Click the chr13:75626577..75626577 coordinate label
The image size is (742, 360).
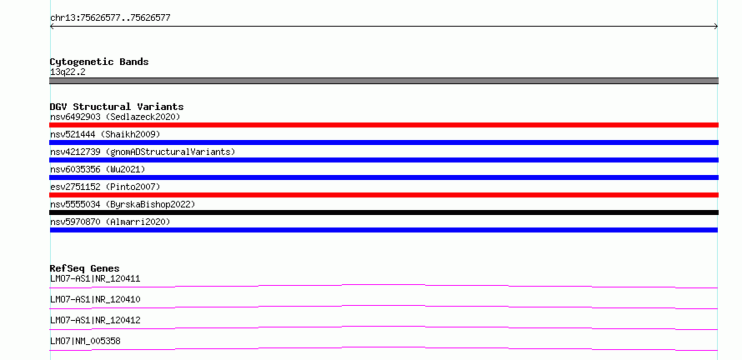pos(110,18)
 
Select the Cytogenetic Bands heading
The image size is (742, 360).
pos(99,62)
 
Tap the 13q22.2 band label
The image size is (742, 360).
pos(68,72)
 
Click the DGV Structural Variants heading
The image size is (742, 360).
pos(117,107)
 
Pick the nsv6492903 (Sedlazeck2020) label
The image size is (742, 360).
pos(115,117)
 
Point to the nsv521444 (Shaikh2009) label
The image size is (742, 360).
pos(105,134)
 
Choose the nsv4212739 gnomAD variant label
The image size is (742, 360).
pos(143,152)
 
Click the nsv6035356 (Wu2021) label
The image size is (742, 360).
pos(98,169)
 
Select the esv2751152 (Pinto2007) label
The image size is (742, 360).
pos(105,187)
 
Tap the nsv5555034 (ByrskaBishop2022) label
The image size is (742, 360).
pos(123,204)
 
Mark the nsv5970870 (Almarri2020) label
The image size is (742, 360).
pos(110,222)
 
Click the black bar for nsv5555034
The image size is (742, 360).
pos(384,212)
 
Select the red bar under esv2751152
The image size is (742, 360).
pos(384,195)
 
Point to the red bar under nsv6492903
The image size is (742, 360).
pos(384,125)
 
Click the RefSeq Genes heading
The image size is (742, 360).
pos(85,268)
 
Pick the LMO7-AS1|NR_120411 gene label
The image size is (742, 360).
pos(95,278)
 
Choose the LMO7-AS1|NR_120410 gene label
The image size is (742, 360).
pos(95,299)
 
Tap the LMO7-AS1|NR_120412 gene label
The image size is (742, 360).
pos(95,320)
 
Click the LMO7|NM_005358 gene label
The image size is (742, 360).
pos(85,341)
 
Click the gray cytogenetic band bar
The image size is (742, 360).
pos(384,81)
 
